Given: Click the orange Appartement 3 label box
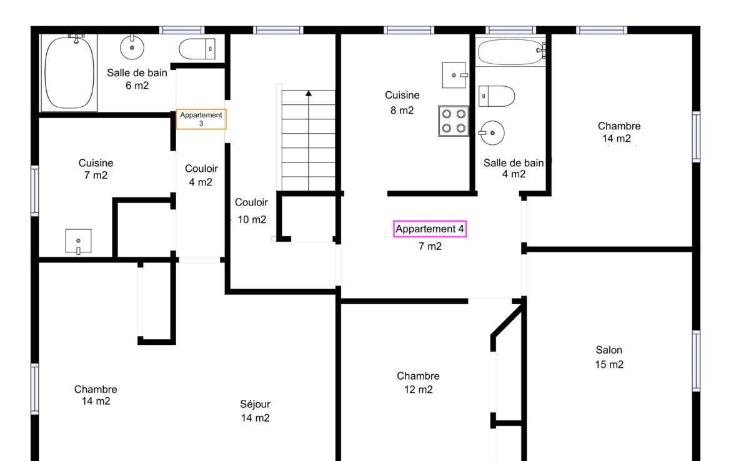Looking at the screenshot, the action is click(x=201, y=119).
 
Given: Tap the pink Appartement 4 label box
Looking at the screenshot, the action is click(x=429, y=229).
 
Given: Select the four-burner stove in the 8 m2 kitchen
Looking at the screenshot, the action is click(x=454, y=121).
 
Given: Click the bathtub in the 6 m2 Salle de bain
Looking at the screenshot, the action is click(x=69, y=72).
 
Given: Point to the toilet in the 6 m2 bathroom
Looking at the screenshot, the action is click(x=197, y=49).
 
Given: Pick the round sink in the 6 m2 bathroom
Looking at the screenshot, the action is click(x=132, y=47).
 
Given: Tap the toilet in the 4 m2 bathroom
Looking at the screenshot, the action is click(x=497, y=96).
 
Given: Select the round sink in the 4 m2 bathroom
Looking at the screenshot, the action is click(x=492, y=133).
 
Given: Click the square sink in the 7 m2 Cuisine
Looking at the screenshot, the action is click(x=78, y=242).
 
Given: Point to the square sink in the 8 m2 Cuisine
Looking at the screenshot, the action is click(x=455, y=75).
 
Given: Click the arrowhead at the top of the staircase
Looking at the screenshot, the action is click(x=309, y=94).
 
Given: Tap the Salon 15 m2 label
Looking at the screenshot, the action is click(x=609, y=357).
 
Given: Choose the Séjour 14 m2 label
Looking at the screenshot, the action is click(x=255, y=410).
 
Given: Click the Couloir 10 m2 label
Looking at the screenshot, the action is click(x=251, y=211).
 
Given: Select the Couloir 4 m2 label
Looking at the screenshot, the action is click(x=201, y=176).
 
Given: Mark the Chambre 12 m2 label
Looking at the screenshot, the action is click(x=418, y=383).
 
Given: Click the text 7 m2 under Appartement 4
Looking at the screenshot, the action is click(x=430, y=246).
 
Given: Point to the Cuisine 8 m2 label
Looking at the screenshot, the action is click(x=402, y=102).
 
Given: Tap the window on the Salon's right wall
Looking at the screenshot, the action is click(x=696, y=361).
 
